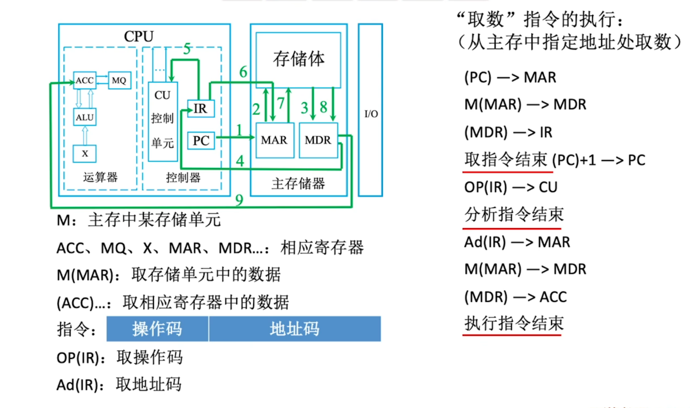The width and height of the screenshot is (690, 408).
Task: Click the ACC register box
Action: tap(85, 80)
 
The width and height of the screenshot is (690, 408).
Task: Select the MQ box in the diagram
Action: tap(119, 80)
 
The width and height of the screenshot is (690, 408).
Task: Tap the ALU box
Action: tap(85, 117)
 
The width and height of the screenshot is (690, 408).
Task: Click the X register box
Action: tap(85, 153)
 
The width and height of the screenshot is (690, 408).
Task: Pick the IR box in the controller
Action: tap(201, 108)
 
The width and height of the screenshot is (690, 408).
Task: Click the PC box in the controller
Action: tap(201, 140)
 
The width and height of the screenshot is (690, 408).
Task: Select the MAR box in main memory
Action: tap(274, 140)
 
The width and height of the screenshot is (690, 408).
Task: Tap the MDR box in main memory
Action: tap(318, 140)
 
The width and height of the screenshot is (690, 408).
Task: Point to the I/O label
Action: tap(371, 114)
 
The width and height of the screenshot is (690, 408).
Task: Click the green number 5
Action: tap(187, 49)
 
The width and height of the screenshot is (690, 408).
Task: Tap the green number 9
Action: tap(239, 200)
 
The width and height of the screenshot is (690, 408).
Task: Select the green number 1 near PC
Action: tap(239, 130)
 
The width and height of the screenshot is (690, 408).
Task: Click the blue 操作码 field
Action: tap(157, 329)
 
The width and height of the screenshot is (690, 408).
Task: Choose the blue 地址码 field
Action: tap(294, 329)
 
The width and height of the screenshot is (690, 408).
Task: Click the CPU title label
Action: tap(139, 36)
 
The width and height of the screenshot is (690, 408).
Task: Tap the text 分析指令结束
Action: tap(514, 214)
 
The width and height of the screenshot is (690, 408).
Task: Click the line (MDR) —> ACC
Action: tap(515, 297)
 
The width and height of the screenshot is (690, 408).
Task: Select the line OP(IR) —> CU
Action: tap(511, 187)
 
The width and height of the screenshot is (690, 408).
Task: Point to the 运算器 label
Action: tap(100, 177)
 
